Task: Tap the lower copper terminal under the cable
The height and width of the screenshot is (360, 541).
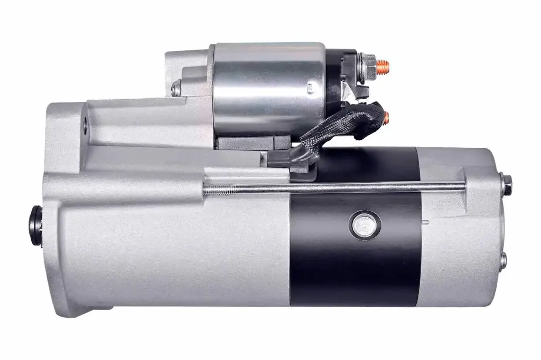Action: pyautogui.click(x=386, y=118)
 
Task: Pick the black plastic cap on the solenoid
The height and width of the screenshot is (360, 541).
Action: pyautogui.click(x=338, y=79)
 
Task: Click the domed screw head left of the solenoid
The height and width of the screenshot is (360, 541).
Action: pyautogui.click(x=176, y=88)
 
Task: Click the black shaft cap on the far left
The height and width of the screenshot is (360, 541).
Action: pyautogui.click(x=35, y=226)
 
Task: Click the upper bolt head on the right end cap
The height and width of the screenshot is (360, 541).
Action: pyautogui.click(x=507, y=184)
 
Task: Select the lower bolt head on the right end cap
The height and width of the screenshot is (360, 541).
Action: pyautogui.click(x=503, y=260)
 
